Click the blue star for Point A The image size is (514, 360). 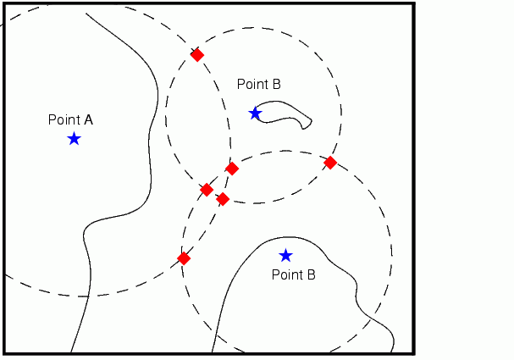click(74, 138)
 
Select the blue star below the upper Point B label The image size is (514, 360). click(255, 113)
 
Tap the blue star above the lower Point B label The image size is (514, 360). click(285, 255)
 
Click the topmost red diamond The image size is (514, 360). click(196, 55)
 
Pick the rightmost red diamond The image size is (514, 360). click(330, 162)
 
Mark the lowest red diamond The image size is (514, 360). click(184, 258)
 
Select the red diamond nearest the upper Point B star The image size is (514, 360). click(232, 169)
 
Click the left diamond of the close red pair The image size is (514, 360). click(207, 190)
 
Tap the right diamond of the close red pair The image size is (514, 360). click(223, 199)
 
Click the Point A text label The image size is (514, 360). click(70, 119)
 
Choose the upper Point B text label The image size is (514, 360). click(258, 84)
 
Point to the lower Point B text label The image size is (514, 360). click(293, 275)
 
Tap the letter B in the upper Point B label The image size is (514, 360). click(276, 84)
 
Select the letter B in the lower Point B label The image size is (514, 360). click(311, 275)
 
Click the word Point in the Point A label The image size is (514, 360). click(64, 119)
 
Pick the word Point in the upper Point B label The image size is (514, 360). click(251, 84)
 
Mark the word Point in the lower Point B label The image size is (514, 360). click(286, 275)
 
